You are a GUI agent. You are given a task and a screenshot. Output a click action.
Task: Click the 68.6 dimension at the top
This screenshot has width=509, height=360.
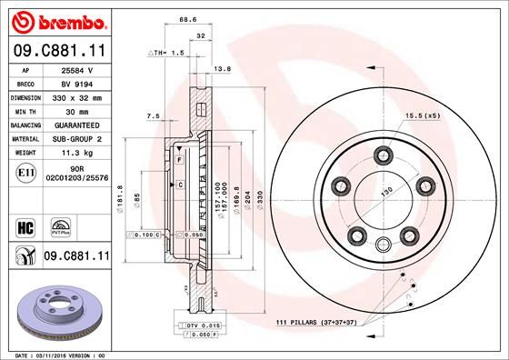188,19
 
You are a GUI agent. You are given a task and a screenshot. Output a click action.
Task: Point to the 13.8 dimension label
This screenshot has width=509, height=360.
221,69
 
